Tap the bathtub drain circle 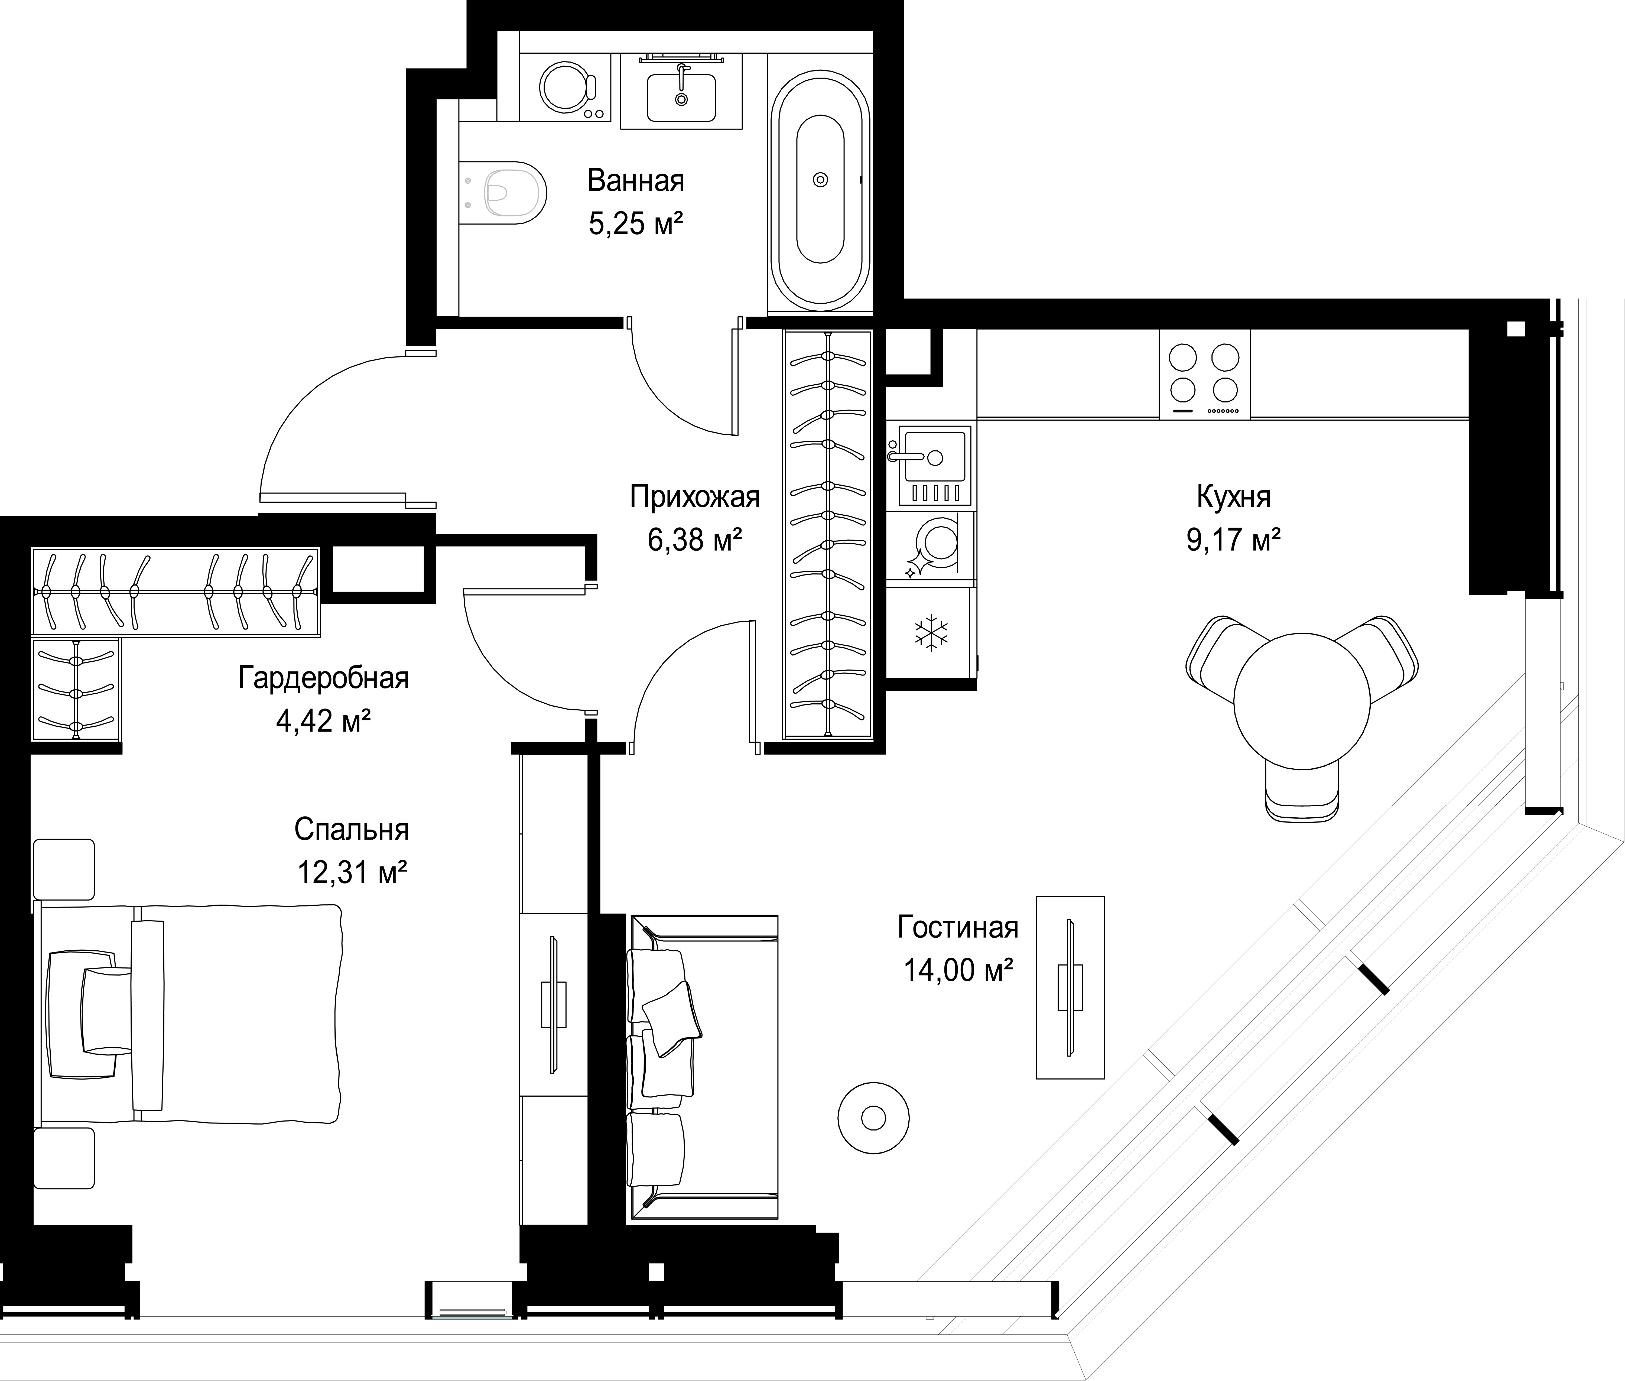click(x=820, y=180)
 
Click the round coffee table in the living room click(x=873, y=1118)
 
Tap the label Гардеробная click(x=323, y=678)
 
